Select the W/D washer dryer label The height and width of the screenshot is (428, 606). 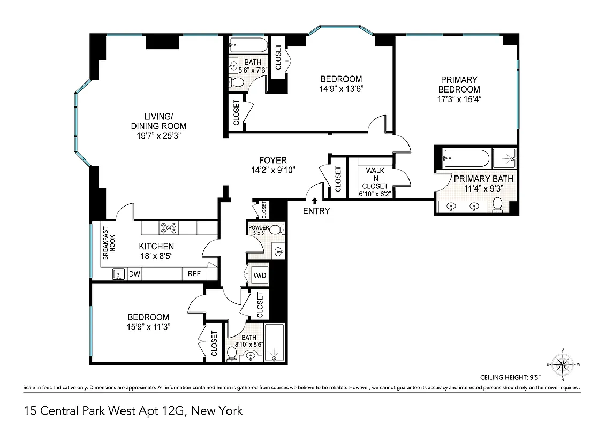[259, 275]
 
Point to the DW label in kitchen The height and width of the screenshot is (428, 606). [134, 274]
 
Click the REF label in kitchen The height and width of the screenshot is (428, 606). [194, 274]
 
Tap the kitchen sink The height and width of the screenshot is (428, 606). [118, 274]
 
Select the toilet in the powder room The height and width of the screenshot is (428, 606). [276, 230]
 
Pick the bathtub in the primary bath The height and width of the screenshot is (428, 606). [466, 159]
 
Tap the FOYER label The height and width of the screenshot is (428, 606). [272, 160]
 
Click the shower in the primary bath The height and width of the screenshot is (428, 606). [504, 159]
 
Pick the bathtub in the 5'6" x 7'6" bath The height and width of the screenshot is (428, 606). [248, 44]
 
